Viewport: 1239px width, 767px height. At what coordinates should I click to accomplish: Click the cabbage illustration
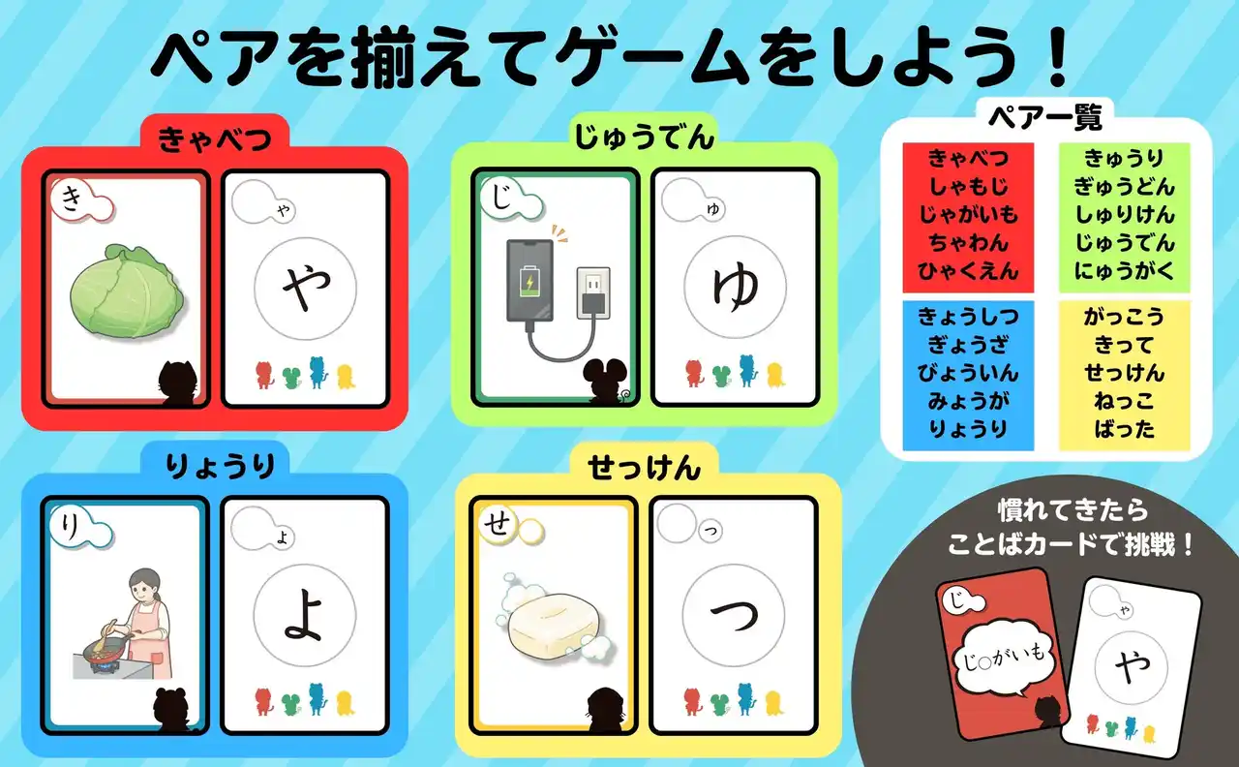point(127,291)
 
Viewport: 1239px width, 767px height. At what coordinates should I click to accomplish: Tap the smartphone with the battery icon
point(529,281)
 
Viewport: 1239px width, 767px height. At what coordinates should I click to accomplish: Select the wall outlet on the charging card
point(593,292)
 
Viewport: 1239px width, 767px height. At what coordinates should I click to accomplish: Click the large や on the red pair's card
point(306,288)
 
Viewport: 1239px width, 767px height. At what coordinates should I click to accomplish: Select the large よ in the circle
point(304,615)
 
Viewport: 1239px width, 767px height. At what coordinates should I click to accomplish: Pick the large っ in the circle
point(734,615)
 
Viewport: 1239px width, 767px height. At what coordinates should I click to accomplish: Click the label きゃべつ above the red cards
point(214,138)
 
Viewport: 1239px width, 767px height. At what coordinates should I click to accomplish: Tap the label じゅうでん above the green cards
point(645,137)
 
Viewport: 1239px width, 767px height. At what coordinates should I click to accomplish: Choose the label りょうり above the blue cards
point(220,466)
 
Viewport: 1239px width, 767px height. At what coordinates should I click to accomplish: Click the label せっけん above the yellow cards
point(645,468)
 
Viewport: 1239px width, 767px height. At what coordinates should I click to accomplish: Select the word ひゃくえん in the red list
point(968,271)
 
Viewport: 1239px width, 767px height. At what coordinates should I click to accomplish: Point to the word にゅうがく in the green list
point(1125,271)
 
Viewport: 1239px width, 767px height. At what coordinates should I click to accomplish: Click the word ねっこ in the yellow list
point(1125,401)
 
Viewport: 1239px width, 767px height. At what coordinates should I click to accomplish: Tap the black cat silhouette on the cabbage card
point(177,382)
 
